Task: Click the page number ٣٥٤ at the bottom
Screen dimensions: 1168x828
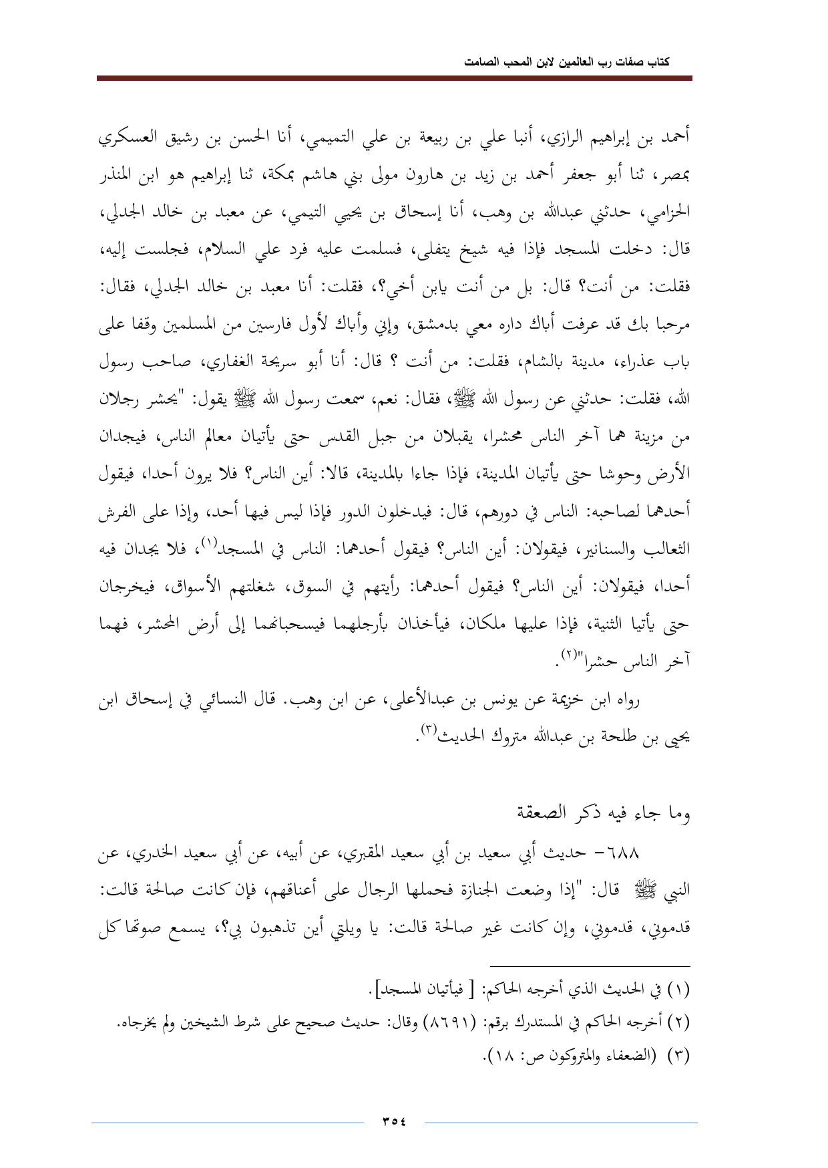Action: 394,1121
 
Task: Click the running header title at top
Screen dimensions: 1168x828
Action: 567,61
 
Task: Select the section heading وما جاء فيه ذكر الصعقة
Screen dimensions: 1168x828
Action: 608,814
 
